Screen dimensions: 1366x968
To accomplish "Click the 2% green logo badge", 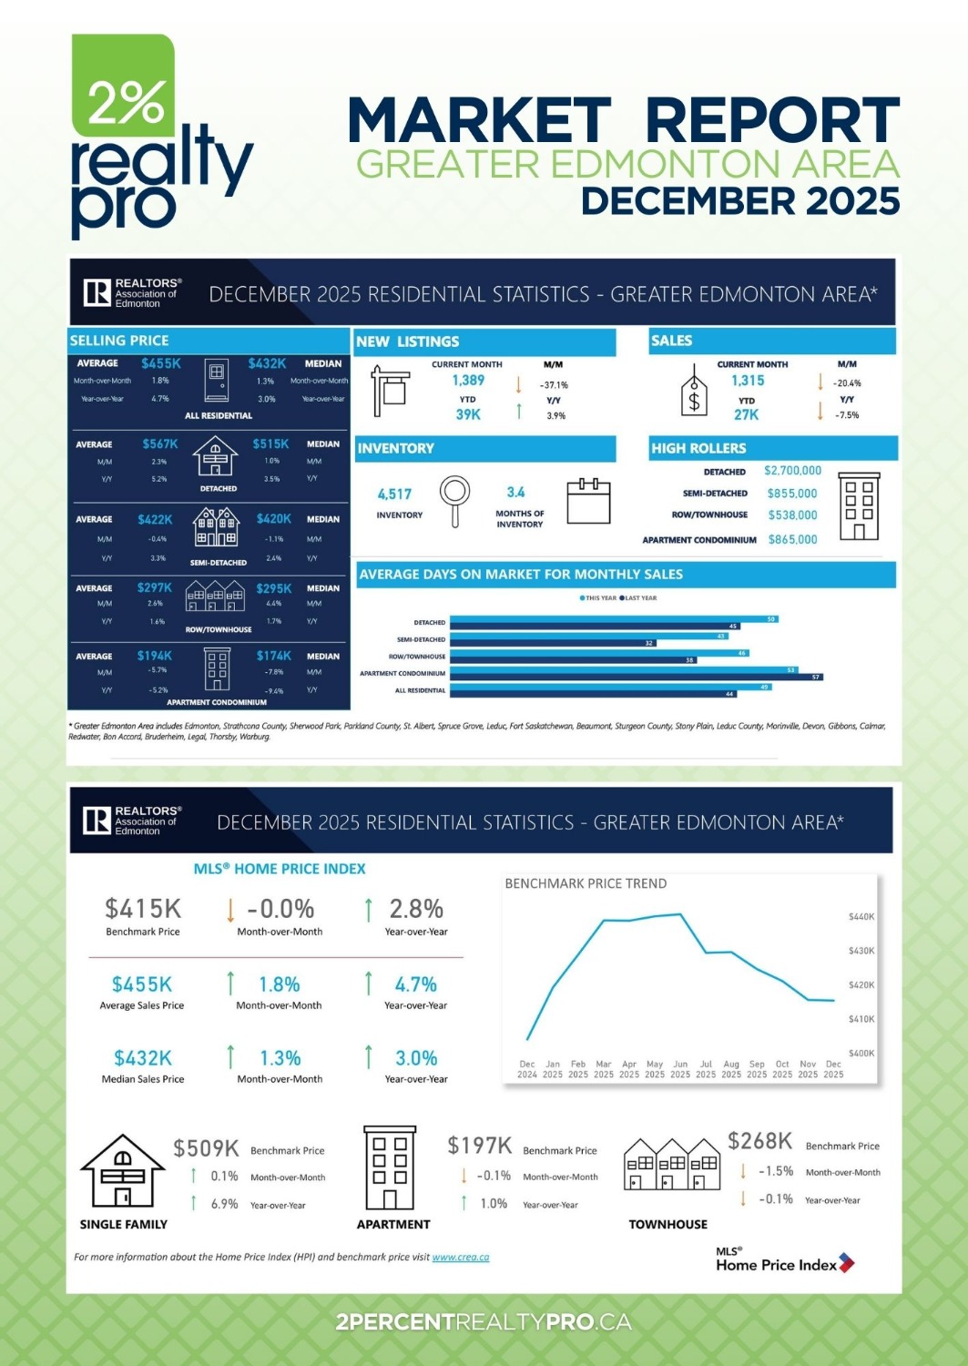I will pyautogui.click(x=124, y=87).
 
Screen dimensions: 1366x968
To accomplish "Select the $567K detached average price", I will pyautogui.click(x=160, y=444).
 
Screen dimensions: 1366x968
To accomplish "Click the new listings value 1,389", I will pyautogui.click(x=468, y=381).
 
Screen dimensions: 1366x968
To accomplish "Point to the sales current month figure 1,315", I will pyautogui.click(x=748, y=381).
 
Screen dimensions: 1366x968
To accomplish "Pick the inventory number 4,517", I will pyautogui.click(x=394, y=494).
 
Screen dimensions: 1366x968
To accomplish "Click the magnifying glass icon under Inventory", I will pyautogui.click(x=454, y=500).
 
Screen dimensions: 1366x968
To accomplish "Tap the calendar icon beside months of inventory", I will pyautogui.click(x=588, y=501).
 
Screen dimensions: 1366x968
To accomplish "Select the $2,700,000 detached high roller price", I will pyautogui.click(x=792, y=471).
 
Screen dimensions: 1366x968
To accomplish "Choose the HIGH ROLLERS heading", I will pyautogui.click(x=698, y=448).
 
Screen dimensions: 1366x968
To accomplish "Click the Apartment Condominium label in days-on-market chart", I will pyautogui.click(x=402, y=674).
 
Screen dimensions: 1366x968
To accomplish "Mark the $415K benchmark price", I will pyautogui.click(x=143, y=909).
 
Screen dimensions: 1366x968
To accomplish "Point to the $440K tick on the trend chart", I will pyautogui.click(x=861, y=917).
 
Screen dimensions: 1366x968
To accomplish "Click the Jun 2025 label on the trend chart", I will pyautogui.click(x=680, y=1069).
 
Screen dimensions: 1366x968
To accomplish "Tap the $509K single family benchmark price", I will pyautogui.click(x=206, y=1148).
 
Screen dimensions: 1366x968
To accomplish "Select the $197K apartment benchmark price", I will pyautogui.click(x=479, y=1146).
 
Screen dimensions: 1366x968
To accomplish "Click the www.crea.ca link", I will pyautogui.click(x=461, y=1258).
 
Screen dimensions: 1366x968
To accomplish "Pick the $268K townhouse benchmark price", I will pyautogui.click(x=759, y=1141).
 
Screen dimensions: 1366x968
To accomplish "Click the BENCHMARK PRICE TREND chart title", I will pyautogui.click(x=586, y=883).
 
